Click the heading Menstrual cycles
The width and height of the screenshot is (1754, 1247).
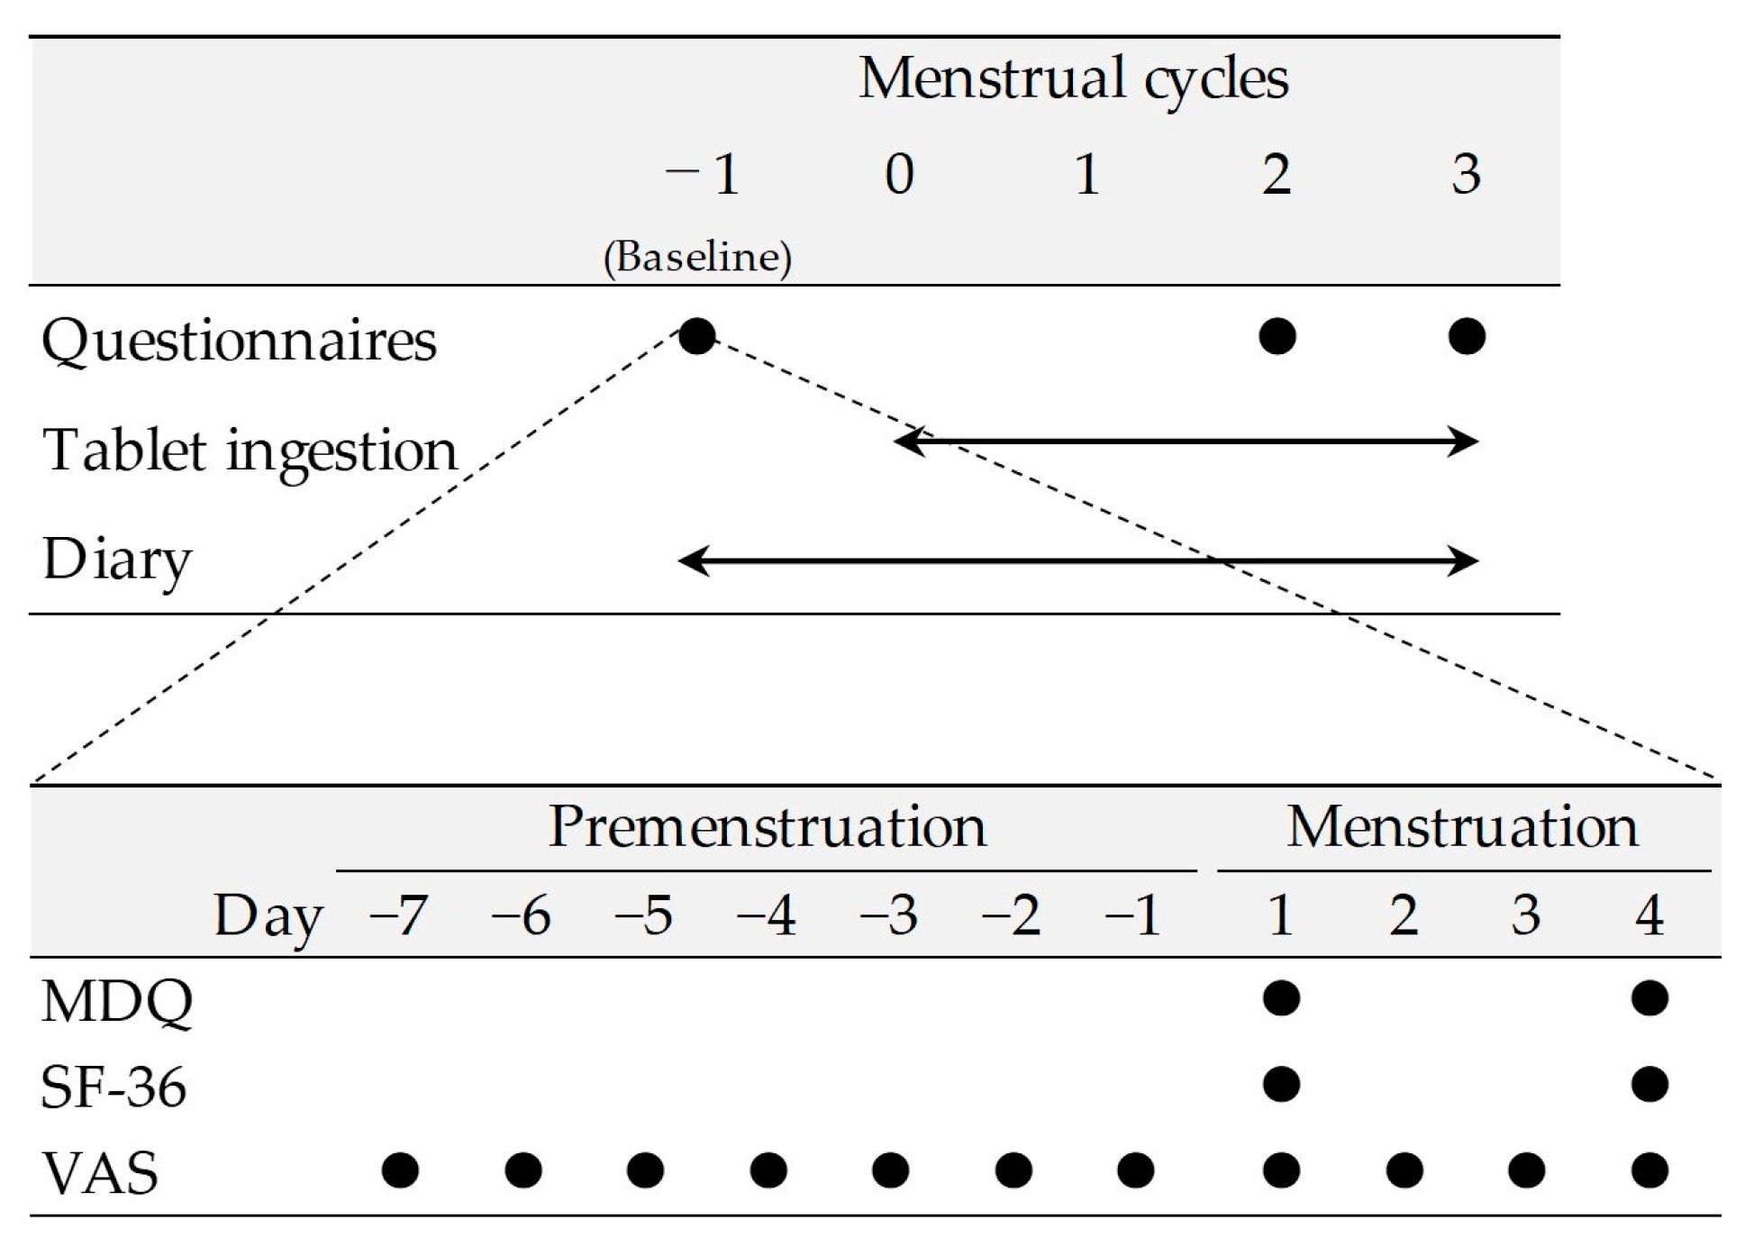1073,79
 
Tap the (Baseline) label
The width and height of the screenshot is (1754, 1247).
697,258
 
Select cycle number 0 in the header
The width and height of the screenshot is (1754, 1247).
899,174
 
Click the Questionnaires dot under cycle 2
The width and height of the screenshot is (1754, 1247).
1277,337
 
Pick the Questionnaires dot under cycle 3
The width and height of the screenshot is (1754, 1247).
1467,337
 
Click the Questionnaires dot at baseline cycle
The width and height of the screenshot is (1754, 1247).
697,337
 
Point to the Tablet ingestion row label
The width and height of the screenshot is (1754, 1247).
250,451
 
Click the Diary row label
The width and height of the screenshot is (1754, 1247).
117,560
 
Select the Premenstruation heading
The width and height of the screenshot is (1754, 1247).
767,826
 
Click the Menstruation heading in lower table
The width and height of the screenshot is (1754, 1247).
1462,826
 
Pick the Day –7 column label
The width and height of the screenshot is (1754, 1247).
397,916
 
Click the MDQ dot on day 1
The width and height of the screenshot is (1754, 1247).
1281,998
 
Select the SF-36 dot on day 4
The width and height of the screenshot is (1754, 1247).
1649,1084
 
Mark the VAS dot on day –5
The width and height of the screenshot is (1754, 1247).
645,1170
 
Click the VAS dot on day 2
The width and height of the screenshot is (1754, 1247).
1404,1170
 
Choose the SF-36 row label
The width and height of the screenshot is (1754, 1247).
114,1088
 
